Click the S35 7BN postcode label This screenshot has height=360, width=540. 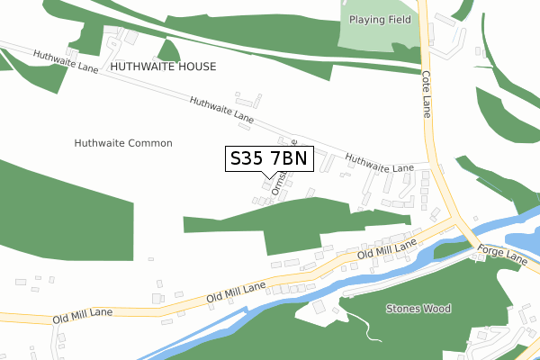pos(269,159)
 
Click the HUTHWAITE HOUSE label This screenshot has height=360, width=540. pos(163,67)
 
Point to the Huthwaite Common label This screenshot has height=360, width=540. pos(123,143)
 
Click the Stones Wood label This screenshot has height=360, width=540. pos(418,309)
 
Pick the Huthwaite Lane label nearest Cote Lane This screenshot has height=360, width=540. pos(379,163)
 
